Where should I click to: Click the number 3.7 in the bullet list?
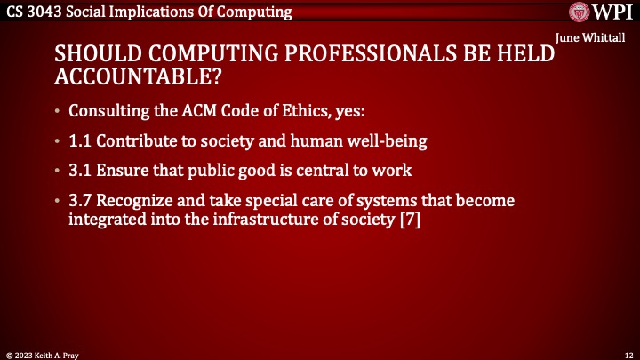click(81, 202)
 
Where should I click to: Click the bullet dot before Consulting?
click(58, 112)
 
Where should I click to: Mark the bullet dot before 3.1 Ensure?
click(58, 171)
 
